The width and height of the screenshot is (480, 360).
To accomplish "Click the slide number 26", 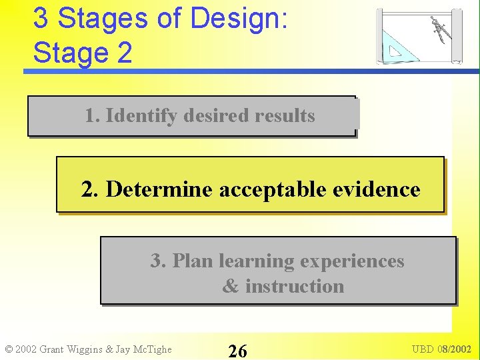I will (x=237, y=351).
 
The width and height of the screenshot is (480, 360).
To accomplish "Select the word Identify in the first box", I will (x=141, y=116).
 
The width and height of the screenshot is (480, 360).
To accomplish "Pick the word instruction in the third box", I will (x=294, y=287).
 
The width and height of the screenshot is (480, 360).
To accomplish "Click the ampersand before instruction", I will (x=230, y=287).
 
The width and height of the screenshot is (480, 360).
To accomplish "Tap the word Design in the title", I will (x=239, y=19).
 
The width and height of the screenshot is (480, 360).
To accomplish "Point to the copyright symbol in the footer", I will (x=9, y=349).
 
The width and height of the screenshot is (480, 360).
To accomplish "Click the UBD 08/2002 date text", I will (x=441, y=349).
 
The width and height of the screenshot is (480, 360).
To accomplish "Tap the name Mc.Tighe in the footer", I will (x=151, y=349).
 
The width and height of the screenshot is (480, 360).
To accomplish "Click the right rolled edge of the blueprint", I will (x=457, y=36).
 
